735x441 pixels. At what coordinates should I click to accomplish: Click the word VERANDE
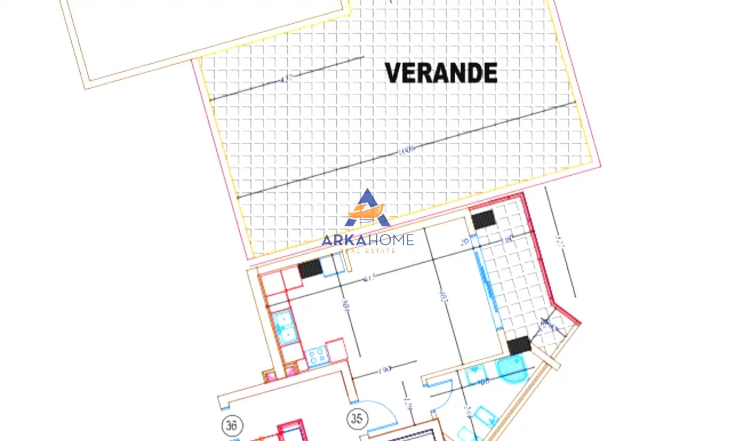(441, 73)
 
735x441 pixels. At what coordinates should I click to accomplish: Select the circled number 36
(232, 425)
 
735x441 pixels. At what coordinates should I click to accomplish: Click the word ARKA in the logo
(344, 240)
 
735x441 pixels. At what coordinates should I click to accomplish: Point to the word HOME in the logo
(391, 240)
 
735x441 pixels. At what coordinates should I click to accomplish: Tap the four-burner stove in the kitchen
(317, 356)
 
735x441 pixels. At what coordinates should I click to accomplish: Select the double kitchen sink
(284, 328)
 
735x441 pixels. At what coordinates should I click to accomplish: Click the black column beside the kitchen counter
(310, 268)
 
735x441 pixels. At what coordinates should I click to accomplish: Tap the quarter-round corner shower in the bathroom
(510, 370)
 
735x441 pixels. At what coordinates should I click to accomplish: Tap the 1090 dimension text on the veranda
(407, 149)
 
